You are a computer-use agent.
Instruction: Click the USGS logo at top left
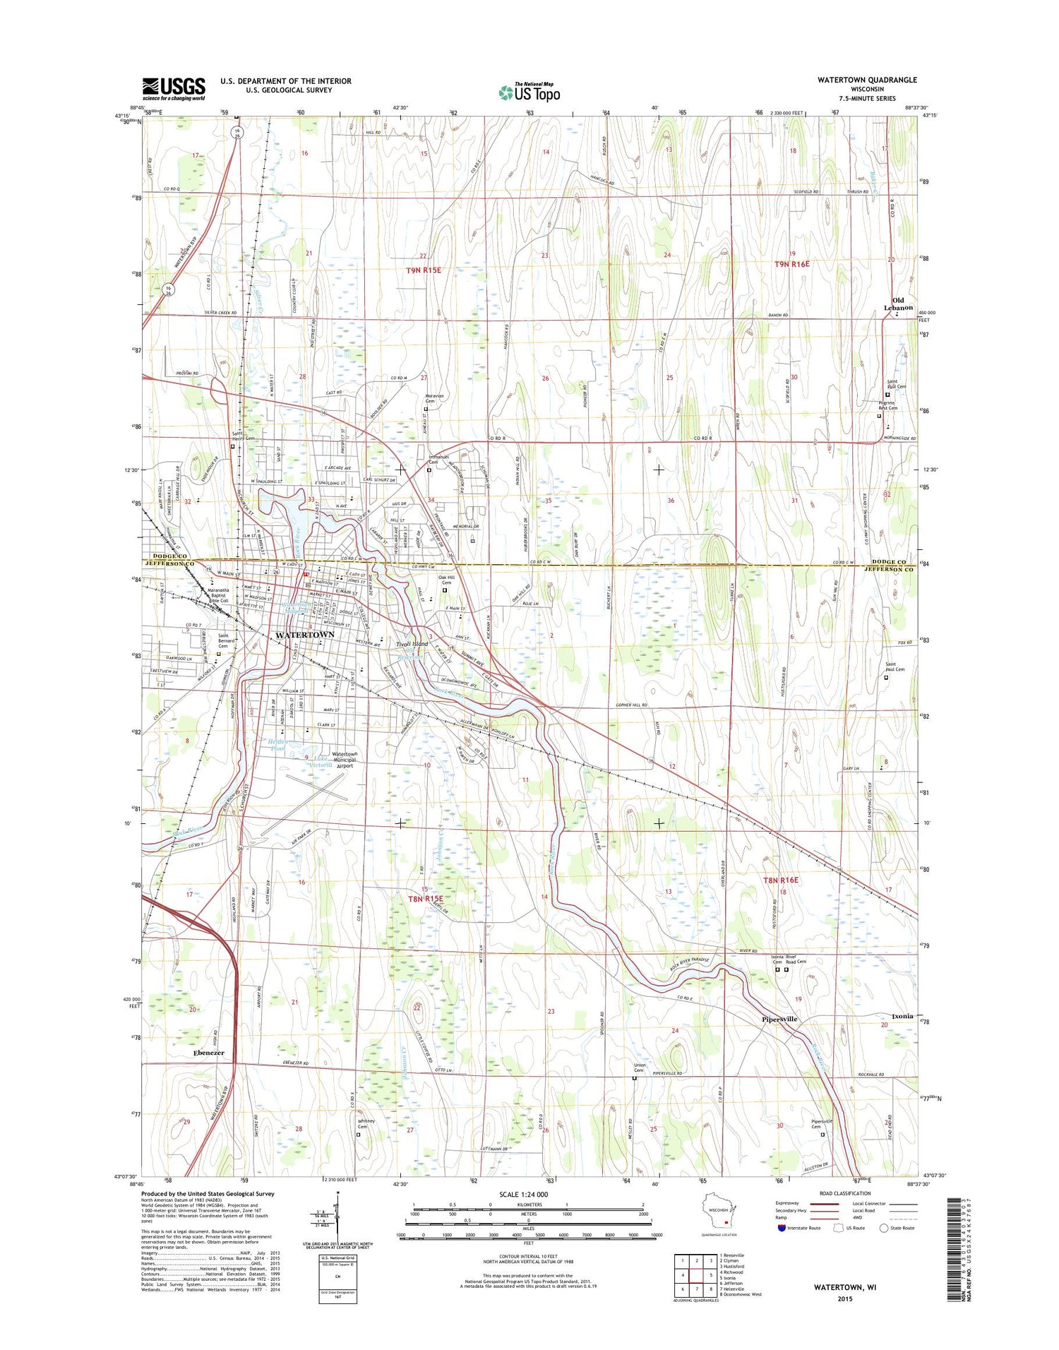174,89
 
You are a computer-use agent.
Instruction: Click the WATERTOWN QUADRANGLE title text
867,80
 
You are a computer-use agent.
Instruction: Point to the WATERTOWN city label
304,635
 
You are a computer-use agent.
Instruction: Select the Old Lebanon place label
898,304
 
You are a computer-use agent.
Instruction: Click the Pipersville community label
779,1019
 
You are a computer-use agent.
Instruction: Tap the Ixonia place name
902,1016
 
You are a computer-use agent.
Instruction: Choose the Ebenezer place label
208,1053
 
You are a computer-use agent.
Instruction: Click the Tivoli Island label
412,645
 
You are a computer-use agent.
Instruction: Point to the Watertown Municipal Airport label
345,759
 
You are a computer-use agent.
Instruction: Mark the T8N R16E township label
781,880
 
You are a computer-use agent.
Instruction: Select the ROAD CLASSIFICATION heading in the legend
845,1193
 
